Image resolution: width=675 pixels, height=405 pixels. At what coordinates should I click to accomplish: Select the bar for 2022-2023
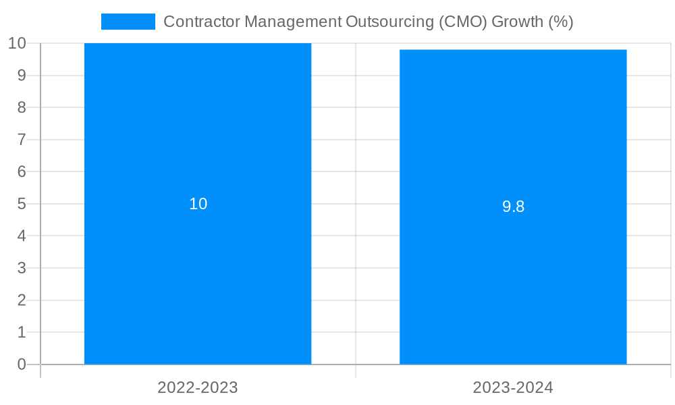coord(198,270)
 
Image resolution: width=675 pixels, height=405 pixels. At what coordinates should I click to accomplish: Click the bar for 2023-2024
coord(513,283)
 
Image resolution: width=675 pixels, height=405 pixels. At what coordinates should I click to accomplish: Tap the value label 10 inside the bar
coord(198,204)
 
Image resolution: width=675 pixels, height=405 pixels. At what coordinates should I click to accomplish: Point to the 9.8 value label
coord(513,207)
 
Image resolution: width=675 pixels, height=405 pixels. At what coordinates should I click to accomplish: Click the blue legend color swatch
coord(128,22)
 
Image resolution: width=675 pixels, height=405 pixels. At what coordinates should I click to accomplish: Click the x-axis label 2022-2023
coord(198,387)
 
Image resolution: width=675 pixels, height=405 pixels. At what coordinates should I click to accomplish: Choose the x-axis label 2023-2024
coord(513,387)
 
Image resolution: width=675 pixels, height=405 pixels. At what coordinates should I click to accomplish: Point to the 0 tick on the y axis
coord(22,364)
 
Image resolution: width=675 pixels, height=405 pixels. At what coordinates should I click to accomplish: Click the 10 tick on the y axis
coord(17,43)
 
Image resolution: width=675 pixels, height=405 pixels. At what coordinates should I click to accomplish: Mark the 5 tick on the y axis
coord(22,204)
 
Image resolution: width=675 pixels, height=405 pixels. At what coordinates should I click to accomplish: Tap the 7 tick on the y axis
coord(22,140)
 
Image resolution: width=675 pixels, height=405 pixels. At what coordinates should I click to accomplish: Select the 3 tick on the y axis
coord(22,268)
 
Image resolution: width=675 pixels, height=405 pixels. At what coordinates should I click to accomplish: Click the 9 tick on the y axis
coord(22,76)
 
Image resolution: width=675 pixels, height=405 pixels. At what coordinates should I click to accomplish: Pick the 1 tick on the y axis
coord(22,332)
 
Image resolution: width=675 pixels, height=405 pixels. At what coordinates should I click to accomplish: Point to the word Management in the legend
coord(292,22)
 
